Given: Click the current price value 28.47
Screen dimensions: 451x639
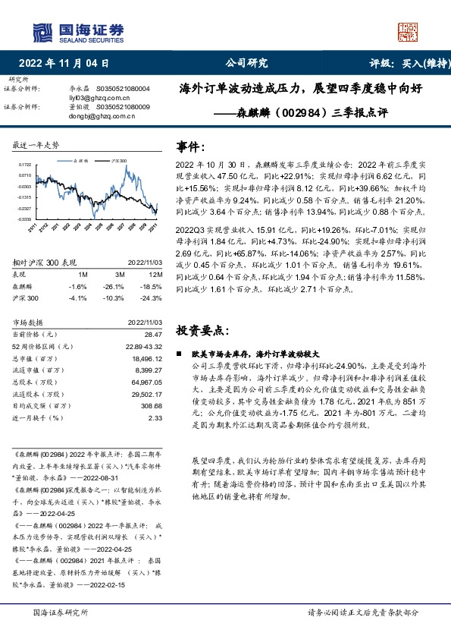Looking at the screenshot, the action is click(155, 335).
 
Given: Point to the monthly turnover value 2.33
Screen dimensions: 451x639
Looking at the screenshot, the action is click(155, 417).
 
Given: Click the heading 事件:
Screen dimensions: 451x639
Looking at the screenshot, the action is click(190, 147).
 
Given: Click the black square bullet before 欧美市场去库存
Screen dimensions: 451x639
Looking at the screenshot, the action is click(180, 354).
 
